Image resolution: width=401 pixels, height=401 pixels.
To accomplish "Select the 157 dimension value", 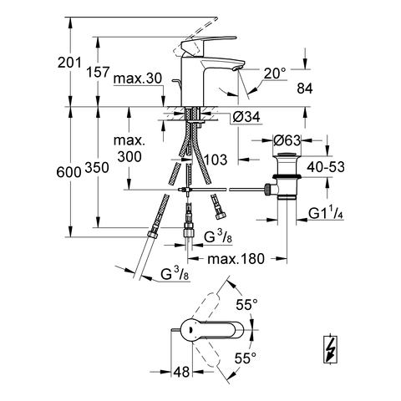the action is [x=98, y=72].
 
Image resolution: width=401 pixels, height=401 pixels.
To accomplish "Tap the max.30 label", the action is [x=138, y=79].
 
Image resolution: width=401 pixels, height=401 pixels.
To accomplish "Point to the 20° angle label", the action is [x=275, y=74].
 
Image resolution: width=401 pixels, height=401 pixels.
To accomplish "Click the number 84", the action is [x=305, y=89].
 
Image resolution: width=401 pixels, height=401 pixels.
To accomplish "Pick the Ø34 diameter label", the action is [x=246, y=117].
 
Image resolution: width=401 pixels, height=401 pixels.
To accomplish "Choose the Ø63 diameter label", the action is [x=287, y=140].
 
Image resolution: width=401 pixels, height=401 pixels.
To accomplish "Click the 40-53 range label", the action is [x=326, y=167].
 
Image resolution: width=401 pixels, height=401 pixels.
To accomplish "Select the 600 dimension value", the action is [x=69, y=172].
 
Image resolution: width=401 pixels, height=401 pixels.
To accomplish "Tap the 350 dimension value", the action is [x=97, y=168].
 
